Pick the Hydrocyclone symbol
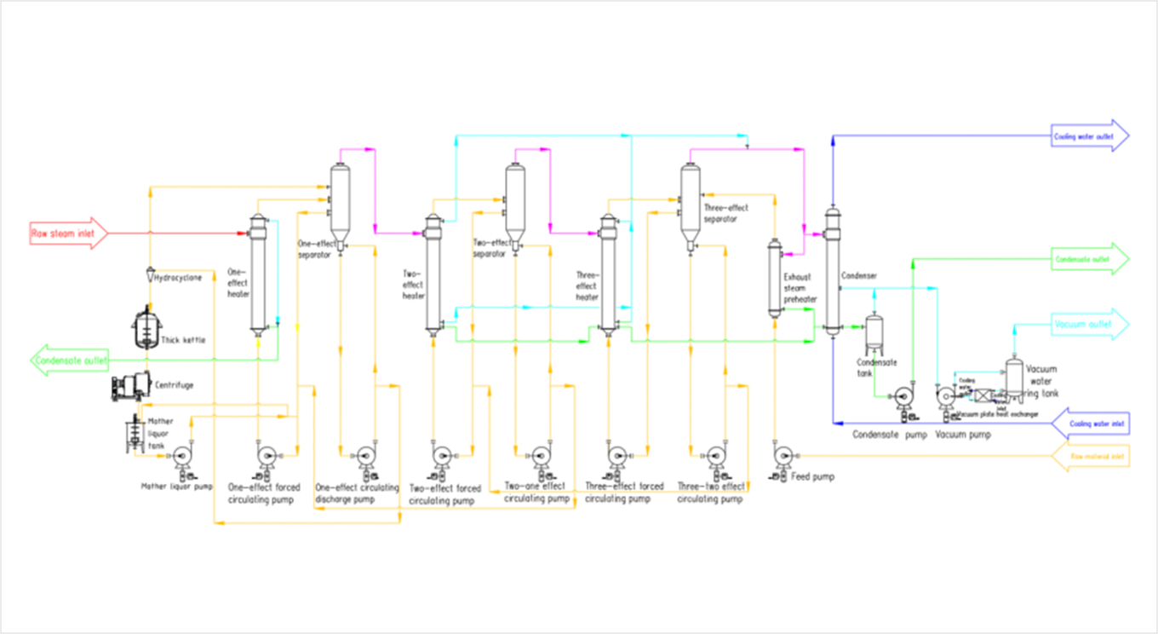148,277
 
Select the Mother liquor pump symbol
181,458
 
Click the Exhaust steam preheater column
775,278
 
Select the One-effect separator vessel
339,205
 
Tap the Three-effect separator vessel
690,205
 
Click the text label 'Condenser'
859,276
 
